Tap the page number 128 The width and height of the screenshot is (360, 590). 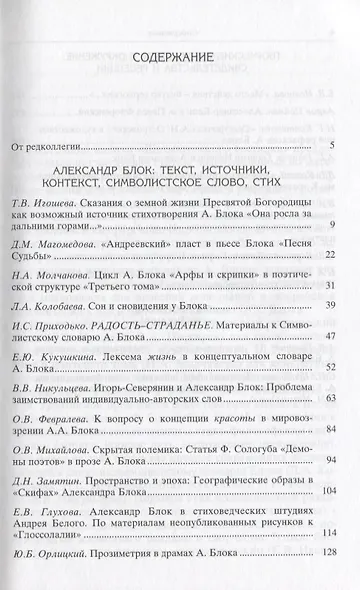pos(324,579)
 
